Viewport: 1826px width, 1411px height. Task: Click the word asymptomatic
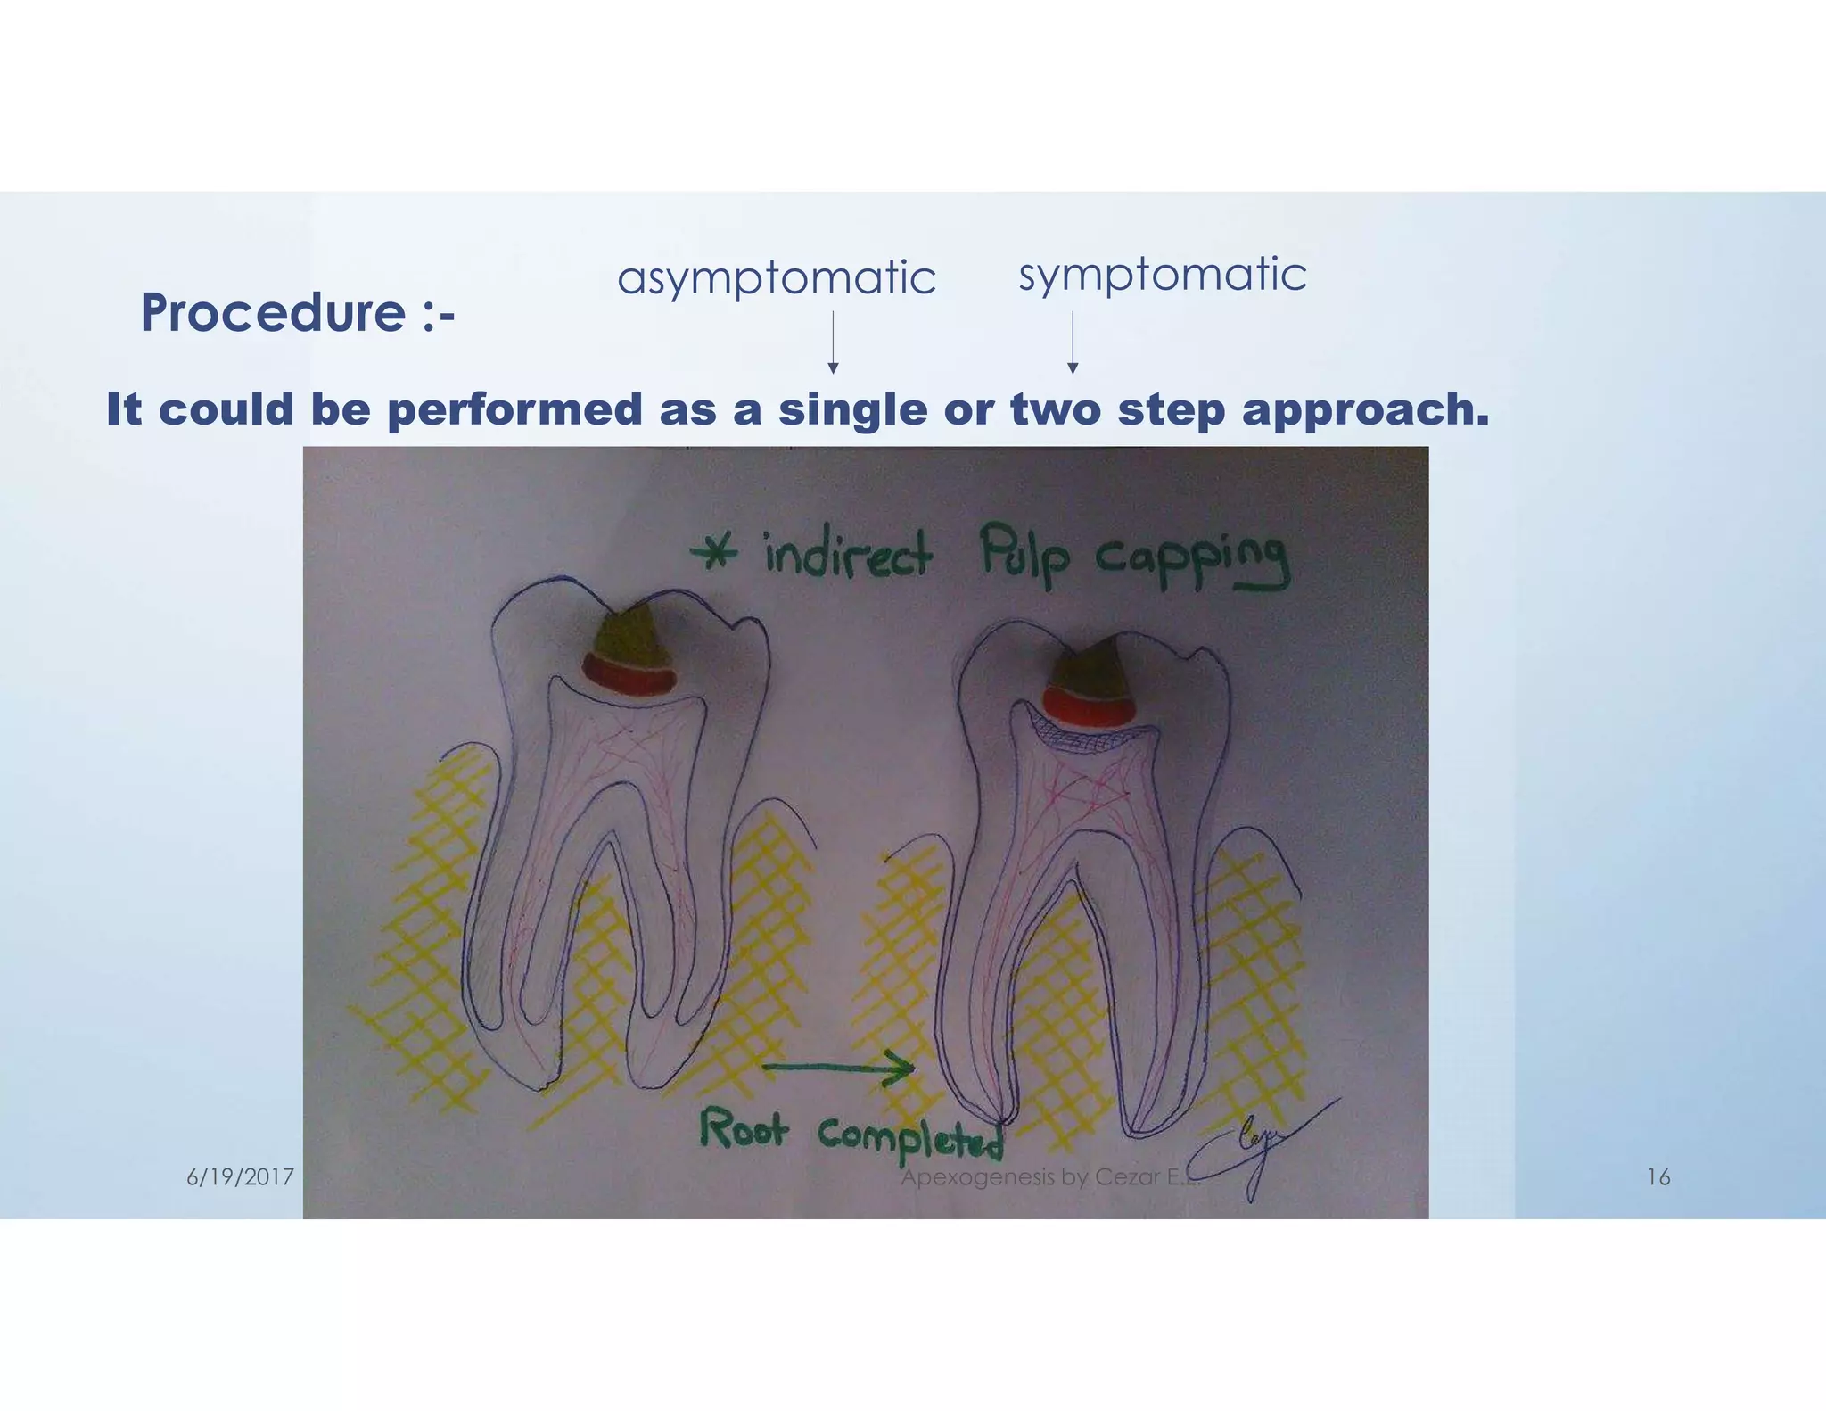coord(776,278)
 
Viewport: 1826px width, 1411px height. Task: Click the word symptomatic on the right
coord(1162,274)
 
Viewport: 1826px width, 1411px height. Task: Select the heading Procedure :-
coord(297,313)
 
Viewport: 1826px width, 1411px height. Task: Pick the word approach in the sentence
coord(1364,409)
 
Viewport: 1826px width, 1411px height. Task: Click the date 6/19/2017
coord(240,1177)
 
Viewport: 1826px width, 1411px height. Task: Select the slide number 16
coord(1657,1177)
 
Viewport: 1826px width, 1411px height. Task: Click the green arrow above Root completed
coord(838,1068)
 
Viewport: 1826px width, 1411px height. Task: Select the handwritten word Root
coord(743,1128)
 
